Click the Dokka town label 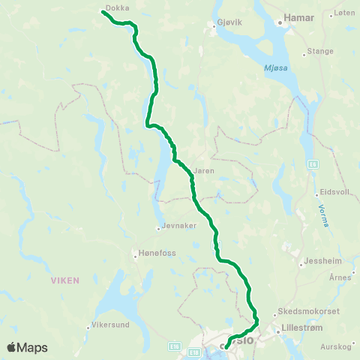tap(117, 7)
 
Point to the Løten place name tap(345, 13)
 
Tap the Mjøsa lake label tap(277, 68)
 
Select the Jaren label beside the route tap(203, 171)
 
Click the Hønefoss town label tap(157, 253)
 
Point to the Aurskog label tap(335, 346)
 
